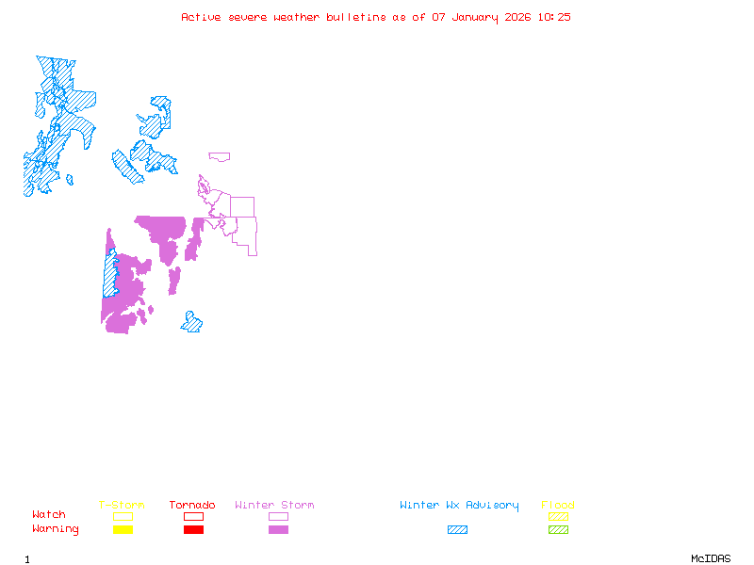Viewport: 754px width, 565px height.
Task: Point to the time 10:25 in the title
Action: (553, 17)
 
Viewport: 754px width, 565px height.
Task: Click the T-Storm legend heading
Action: (122, 506)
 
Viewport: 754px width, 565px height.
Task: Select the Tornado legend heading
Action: (192, 506)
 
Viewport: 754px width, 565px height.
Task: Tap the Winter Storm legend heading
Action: (274, 506)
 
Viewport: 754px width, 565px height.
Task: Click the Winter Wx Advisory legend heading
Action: (459, 506)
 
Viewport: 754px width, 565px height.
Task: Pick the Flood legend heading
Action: (558, 506)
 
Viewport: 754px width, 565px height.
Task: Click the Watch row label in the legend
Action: (49, 515)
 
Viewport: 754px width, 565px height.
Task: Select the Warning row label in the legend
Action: (56, 529)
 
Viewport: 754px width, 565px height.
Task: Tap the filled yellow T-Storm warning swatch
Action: (123, 530)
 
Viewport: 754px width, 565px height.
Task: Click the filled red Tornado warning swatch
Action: (193, 530)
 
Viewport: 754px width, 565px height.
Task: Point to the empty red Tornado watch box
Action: (193, 516)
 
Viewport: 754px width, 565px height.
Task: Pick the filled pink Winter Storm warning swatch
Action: (278, 530)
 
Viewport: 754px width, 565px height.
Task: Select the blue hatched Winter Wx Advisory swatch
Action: (457, 530)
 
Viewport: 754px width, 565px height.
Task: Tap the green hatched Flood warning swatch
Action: (558, 530)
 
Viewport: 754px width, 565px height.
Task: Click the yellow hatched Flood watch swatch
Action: (558, 516)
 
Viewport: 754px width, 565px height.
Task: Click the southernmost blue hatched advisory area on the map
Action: (192, 323)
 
